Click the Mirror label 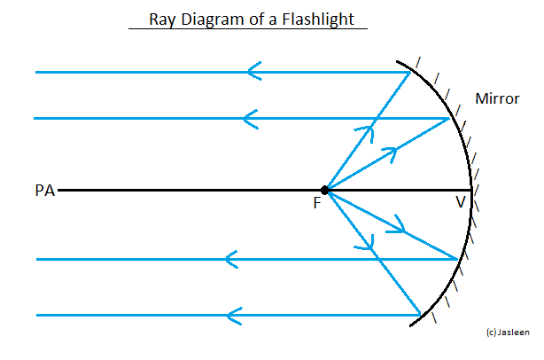[497, 98]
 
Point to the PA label [43, 190]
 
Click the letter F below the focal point [317, 204]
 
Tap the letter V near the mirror [460, 202]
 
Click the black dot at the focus [325, 190]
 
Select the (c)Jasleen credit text [509, 332]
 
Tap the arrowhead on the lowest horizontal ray [234, 314]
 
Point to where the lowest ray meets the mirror [421, 314]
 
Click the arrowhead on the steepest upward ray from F [364, 130]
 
